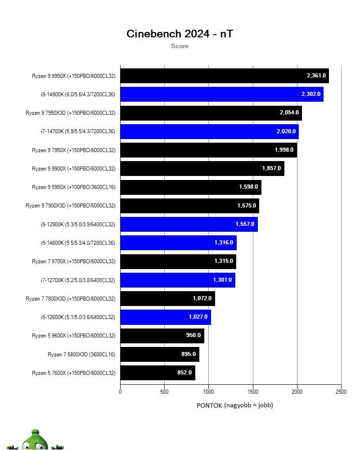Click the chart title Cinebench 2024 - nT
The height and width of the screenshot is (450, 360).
click(180, 34)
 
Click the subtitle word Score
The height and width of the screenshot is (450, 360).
click(180, 46)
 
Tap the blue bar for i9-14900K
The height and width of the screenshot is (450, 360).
click(202, 94)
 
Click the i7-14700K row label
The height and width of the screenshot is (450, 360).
click(78, 131)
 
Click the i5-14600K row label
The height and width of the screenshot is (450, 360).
click(78, 243)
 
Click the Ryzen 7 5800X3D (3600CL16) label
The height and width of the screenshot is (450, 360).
click(81, 354)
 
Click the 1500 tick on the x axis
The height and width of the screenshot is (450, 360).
click(252, 391)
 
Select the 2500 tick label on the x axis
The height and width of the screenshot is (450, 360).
click(341, 391)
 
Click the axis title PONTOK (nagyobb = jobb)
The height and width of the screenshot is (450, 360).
click(234, 405)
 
